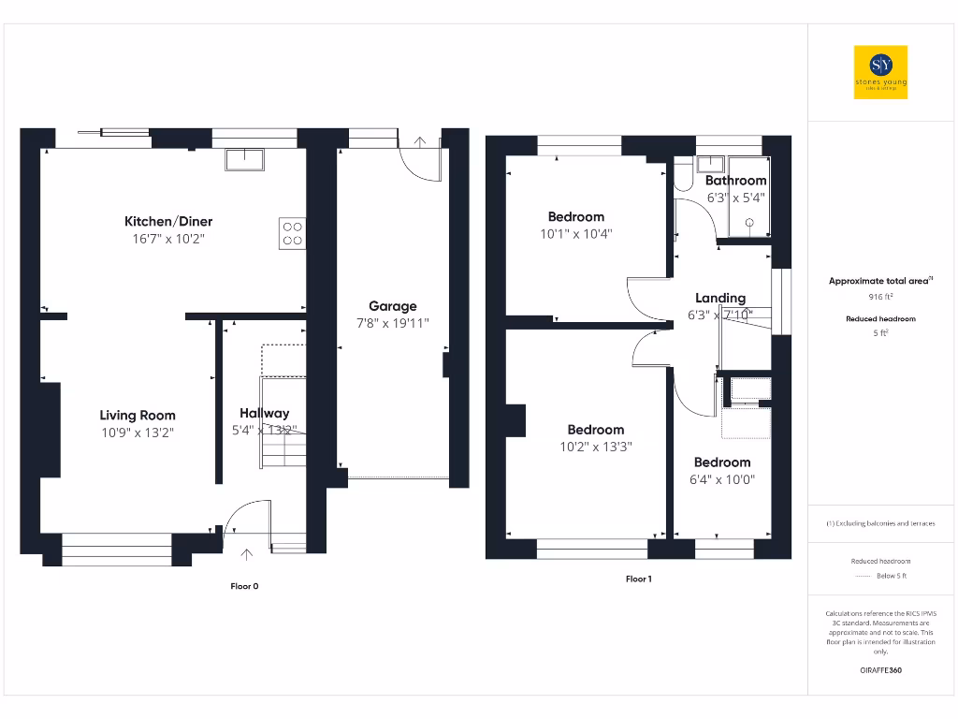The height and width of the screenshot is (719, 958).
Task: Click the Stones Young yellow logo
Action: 881,73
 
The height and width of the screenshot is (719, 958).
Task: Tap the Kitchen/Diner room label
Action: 168,222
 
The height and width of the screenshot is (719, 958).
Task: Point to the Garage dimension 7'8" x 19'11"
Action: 392,324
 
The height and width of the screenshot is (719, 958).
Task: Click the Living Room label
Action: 138,415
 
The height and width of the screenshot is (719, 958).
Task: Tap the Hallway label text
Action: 264,413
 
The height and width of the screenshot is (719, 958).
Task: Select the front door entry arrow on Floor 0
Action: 247,554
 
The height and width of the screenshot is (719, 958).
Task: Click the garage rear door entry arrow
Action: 419,141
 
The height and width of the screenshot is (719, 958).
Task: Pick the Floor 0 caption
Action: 244,586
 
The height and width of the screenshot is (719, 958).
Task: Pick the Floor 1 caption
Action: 638,579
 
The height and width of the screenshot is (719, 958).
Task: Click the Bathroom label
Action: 735,181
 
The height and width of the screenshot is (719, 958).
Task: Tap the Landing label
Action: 720,298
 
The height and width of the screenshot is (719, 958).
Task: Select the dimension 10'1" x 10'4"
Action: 575,234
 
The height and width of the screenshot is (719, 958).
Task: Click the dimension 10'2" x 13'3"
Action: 595,447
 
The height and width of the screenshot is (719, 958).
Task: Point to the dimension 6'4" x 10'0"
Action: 722,479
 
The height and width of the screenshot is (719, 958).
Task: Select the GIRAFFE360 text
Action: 880,670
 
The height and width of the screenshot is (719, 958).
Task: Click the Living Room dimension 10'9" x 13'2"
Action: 138,433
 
